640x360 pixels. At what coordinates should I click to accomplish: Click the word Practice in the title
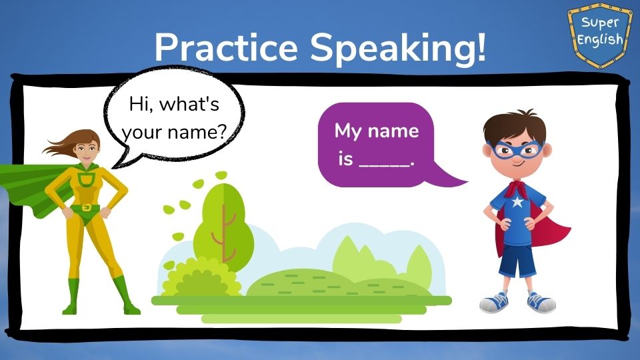(226, 48)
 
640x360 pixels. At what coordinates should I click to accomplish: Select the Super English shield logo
(599, 35)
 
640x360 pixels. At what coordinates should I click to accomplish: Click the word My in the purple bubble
(348, 131)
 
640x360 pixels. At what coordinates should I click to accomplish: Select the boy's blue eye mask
(515, 149)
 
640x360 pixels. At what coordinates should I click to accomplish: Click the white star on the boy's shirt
(517, 201)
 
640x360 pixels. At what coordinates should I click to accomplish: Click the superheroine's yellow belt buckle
(87, 207)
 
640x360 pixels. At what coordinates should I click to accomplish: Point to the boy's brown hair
(514, 127)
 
